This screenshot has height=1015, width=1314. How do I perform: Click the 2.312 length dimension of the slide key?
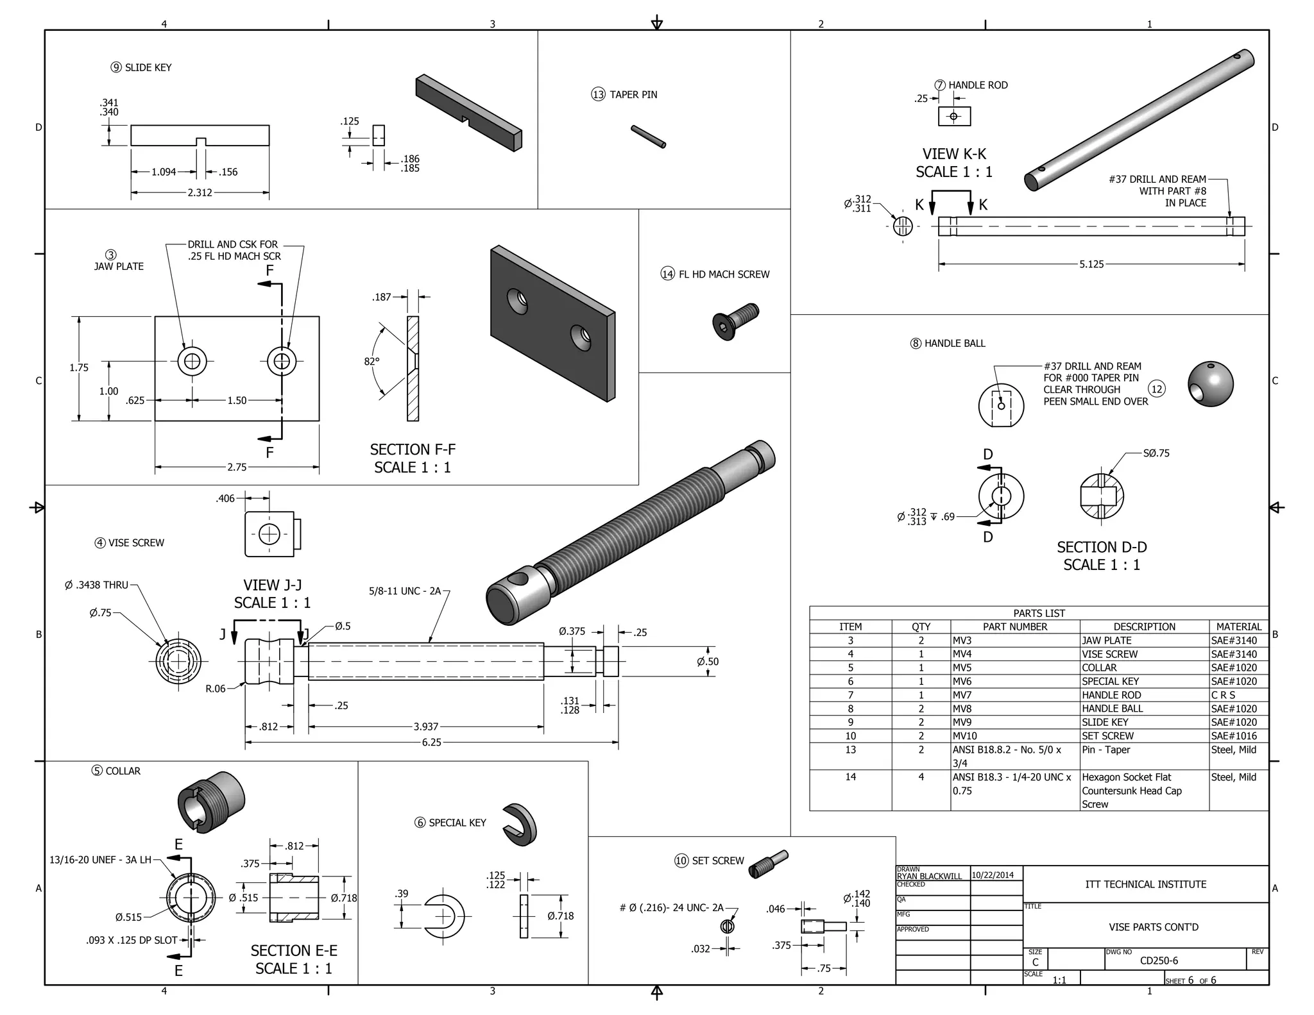click(x=200, y=192)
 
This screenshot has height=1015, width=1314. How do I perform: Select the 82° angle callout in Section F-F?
click(x=371, y=362)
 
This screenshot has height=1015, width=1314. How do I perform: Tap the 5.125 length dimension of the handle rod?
click(x=1091, y=264)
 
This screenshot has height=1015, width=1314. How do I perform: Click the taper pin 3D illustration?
click(x=648, y=137)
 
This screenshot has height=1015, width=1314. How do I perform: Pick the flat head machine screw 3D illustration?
click(x=735, y=321)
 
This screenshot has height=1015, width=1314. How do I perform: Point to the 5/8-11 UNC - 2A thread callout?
click(x=405, y=591)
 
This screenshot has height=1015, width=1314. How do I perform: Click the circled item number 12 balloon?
click(x=1157, y=389)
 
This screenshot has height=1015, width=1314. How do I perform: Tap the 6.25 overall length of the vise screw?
click(x=431, y=742)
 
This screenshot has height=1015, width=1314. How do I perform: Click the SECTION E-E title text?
click(x=294, y=951)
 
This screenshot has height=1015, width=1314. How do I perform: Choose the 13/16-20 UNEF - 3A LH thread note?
click(x=100, y=860)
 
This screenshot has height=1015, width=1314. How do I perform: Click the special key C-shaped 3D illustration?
click(x=520, y=825)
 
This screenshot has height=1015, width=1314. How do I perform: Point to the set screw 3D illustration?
click(x=769, y=864)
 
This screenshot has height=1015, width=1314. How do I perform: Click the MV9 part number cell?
click(x=962, y=722)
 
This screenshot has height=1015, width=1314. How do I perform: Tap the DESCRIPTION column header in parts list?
click(x=1144, y=626)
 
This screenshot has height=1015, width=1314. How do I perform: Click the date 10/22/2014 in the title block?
click(x=993, y=875)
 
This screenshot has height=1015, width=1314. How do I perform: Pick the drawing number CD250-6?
click(x=1159, y=960)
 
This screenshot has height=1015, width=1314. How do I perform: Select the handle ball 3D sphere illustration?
click(x=1211, y=384)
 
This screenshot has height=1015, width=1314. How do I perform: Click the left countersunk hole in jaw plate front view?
click(x=192, y=362)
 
